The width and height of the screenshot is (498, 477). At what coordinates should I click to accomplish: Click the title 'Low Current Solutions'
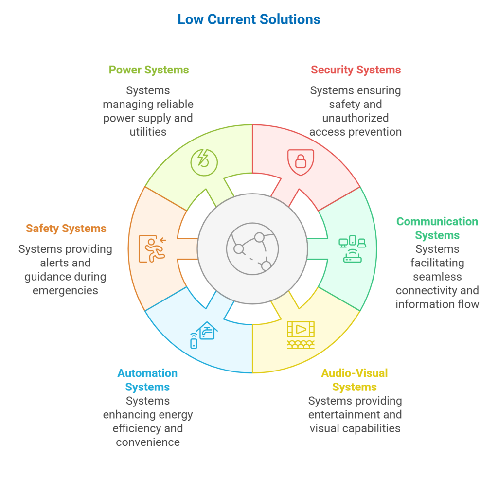pyautogui.click(x=249, y=19)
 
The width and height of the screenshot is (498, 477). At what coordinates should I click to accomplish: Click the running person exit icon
pyautogui.click(x=152, y=248)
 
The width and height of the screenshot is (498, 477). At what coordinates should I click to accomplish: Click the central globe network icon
pyautogui.click(x=251, y=248)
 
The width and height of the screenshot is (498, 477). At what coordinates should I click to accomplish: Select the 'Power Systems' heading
pyautogui.click(x=148, y=70)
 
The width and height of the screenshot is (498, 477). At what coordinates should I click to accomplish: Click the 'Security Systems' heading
pyautogui.click(x=356, y=70)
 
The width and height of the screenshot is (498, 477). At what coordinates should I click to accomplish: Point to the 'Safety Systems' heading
pyautogui.click(x=66, y=228)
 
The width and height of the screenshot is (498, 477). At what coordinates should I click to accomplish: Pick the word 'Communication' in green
pyautogui.click(x=437, y=222)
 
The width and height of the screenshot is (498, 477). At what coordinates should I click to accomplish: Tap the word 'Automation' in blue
pyautogui.click(x=147, y=373)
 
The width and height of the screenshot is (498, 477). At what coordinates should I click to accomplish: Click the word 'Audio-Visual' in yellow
pyautogui.click(x=354, y=373)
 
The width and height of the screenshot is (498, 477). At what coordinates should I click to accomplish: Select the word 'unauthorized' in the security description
pyautogui.click(x=356, y=118)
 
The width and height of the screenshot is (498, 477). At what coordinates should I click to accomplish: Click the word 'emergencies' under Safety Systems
pyautogui.click(x=65, y=290)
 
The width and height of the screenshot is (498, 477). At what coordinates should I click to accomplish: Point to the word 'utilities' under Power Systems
pyautogui.click(x=148, y=131)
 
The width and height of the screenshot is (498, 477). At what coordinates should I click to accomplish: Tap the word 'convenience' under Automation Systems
pyautogui.click(x=148, y=442)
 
